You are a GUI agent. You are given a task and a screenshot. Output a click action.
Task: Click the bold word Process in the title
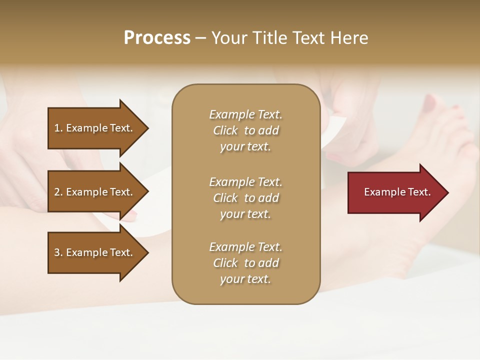157,38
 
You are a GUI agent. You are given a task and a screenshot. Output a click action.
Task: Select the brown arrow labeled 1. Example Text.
95,128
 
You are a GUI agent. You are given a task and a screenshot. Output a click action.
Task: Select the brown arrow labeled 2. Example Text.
95,192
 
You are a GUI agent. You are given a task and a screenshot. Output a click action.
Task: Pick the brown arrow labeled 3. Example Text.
95,252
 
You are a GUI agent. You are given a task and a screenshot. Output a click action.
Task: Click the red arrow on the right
395,192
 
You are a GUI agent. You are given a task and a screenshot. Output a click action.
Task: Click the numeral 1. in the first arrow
58,128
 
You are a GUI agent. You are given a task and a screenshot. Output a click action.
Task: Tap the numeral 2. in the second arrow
58,192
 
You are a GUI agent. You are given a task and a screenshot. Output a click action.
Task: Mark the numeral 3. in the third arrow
58,252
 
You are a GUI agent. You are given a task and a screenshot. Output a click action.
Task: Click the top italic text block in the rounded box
245,130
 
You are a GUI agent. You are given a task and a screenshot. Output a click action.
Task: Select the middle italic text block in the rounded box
245,198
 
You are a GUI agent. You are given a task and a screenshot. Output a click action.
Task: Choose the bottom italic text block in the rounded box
245,263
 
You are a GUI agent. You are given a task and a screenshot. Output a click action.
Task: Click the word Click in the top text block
225,131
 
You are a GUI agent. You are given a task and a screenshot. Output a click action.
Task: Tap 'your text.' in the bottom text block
245,279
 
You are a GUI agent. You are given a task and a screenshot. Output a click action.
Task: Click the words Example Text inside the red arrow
397,192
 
